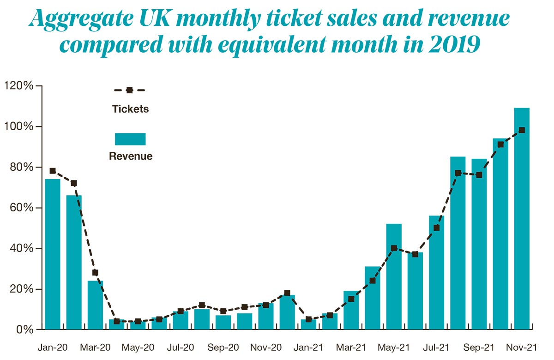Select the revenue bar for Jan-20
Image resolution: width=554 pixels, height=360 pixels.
click(x=52, y=254)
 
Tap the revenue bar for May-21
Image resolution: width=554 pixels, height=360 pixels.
click(x=394, y=276)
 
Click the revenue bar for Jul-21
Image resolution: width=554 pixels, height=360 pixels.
click(x=436, y=272)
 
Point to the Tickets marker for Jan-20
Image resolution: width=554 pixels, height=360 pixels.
click(x=52, y=171)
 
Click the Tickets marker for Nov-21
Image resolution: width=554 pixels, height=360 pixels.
click(x=522, y=130)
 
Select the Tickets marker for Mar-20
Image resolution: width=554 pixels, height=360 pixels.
click(x=95, y=272)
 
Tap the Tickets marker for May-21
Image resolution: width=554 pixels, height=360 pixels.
click(x=394, y=248)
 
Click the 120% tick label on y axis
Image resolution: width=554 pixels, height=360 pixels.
click(x=18, y=86)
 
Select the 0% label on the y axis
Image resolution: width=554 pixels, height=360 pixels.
click(x=23, y=330)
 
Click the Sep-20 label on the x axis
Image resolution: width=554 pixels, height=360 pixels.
click(x=223, y=346)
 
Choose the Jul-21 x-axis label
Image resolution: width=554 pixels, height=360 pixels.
click(x=436, y=346)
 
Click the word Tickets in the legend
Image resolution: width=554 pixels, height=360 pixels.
click(x=130, y=109)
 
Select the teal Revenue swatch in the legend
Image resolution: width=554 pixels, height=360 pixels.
click(x=130, y=139)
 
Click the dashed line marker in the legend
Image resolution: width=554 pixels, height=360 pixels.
click(x=130, y=90)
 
